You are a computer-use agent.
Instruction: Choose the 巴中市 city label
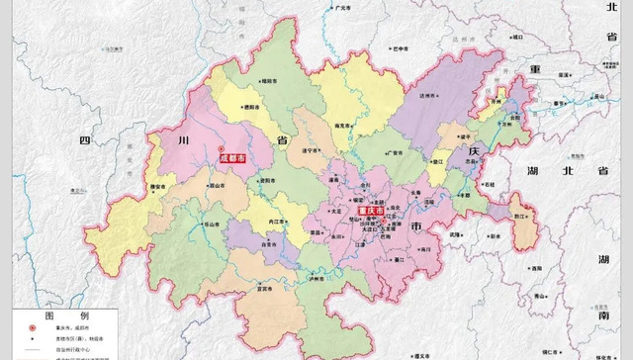click(399, 46)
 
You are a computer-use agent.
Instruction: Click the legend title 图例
click(63, 315)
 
